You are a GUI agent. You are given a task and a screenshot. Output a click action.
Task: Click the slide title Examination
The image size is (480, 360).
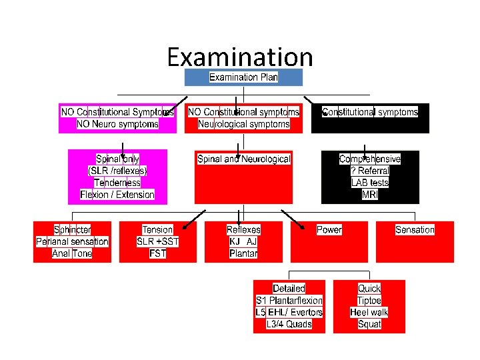click(x=240, y=57)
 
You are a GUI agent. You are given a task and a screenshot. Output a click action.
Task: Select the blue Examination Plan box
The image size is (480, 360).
click(x=243, y=77)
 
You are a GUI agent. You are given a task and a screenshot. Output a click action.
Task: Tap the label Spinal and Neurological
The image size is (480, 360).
click(x=244, y=159)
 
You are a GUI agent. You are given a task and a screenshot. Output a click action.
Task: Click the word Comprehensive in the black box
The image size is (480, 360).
click(x=370, y=159)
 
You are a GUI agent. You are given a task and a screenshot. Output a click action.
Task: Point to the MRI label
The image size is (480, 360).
click(x=370, y=195)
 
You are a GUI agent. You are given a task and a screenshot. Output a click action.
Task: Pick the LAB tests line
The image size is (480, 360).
click(x=370, y=183)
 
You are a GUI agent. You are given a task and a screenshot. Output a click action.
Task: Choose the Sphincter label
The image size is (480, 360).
click(x=73, y=230)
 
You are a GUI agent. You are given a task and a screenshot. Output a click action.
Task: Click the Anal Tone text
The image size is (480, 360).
click(x=73, y=253)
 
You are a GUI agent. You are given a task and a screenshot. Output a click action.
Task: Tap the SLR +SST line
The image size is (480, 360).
click(x=158, y=241)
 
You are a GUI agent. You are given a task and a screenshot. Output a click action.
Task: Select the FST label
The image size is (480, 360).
click(x=158, y=253)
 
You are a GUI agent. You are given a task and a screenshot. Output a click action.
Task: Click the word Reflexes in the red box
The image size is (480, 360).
click(x=243, y=230)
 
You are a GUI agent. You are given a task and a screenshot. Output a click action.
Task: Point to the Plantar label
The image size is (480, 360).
click(x=243, y=253)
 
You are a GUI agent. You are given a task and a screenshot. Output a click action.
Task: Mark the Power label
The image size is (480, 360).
click(x=329, y=230)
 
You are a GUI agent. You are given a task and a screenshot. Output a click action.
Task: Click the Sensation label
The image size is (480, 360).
click(x=415, y=230)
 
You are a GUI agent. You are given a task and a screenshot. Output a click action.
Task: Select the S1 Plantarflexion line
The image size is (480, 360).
click(x=289, y=301)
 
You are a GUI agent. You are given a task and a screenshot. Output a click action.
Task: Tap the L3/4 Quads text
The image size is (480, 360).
click(x=289, y=324)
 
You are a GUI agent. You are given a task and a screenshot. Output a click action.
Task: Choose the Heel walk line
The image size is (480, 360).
click(x=369, y=312)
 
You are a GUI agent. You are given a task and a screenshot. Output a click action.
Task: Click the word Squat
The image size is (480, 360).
click(x=369, y=324)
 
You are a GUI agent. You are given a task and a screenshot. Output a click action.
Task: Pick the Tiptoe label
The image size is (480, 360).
click(x=369, y=301)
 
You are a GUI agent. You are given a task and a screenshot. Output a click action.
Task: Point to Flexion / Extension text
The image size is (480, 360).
click(x=117, y=195)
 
